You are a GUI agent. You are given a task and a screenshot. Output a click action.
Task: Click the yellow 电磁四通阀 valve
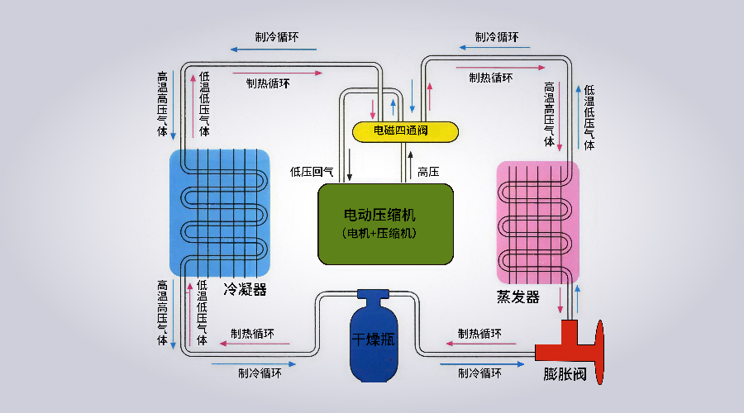pyautogui.click(x=405, y=131)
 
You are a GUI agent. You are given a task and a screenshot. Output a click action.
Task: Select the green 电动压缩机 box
pyautogui.click(x=386, y=224)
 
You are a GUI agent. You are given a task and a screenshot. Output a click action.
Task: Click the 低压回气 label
pyautogui.click(x=312, y=172)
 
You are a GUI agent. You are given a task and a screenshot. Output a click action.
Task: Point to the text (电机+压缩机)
pyautogui.click(x=385, y=233)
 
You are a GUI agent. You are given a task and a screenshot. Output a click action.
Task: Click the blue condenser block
pyautogui.click(x=221, y=212)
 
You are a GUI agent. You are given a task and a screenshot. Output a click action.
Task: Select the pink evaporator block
pyautogui.click(x=537, y=221)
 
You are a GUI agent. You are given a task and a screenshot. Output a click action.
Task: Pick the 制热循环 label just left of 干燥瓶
pyautogui.click(x=253, y=334)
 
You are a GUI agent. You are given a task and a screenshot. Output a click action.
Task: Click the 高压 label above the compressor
pyautogui.click(x=427, y=172)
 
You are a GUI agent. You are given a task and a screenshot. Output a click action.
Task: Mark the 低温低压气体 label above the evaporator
pyautogui.click(x=589, y=117)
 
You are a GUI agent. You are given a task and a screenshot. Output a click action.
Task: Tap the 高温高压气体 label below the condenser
pyautogui.click(x=162, y=312)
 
